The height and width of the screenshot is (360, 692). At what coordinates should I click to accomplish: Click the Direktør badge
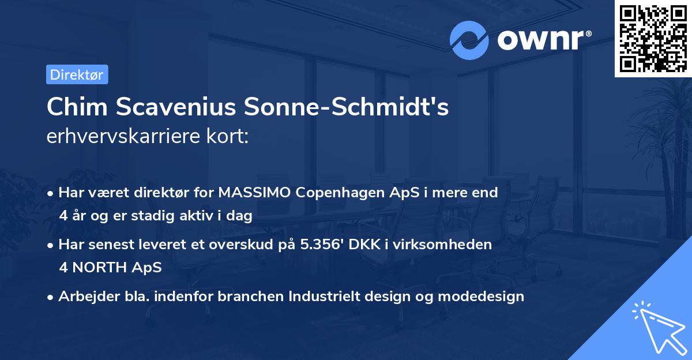pos(77,74)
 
